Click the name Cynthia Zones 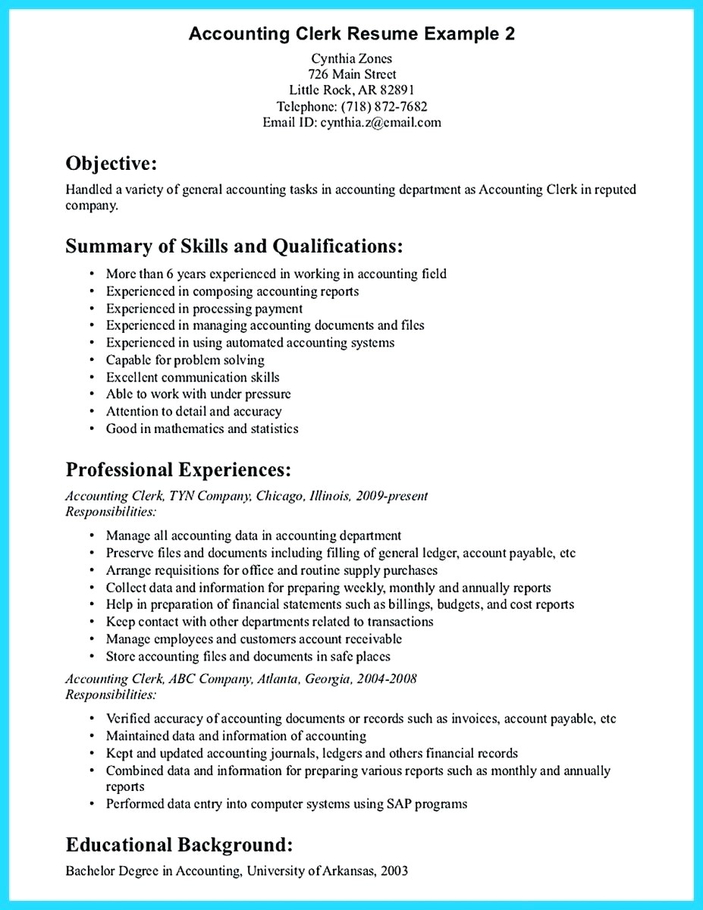click(351, 58)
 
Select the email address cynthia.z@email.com click(381, 122)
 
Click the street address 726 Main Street click(351, 74)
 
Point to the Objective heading click(111, 163)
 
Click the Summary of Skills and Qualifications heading click(234, 246)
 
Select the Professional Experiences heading click(178, 469)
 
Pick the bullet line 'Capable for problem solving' click(185, 360)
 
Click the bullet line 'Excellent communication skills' click(193, 377)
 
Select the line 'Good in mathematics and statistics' click(202, 429)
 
